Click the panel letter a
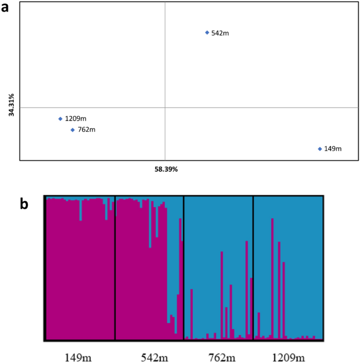tap(7, 9)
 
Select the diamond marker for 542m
tap(207, 33)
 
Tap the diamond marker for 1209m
tap(60, 119)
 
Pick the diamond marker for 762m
tap(73, 130)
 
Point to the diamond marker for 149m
tap(320, 149)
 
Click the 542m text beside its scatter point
tap(220, 33)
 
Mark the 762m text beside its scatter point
tap(86, 130)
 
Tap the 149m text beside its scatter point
tap(333, 149)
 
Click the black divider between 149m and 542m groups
tap(115, 268)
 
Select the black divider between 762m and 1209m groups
tap(253, 268)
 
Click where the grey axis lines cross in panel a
tap(165, 108)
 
